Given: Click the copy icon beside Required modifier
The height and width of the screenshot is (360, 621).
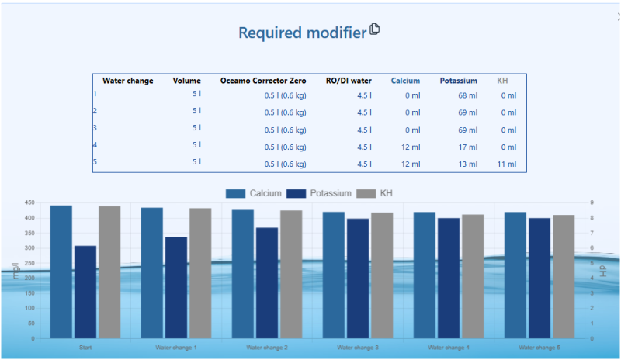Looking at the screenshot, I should tap(375, 29).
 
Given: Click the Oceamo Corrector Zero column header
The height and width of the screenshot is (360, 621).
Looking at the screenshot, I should tap(263, 81).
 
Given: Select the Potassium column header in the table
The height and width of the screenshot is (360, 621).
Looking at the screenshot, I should tap(458, 81).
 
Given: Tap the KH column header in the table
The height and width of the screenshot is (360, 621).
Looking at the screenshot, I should tap(503, 81).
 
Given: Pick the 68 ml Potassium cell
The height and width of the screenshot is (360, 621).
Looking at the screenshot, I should tap(468, 95).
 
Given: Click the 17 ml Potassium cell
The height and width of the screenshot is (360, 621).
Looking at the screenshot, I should tap(468, 147).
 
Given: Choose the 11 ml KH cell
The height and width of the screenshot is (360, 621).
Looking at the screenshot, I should tap(506, 164).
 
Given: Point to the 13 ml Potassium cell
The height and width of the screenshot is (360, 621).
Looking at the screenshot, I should tap(468, 164).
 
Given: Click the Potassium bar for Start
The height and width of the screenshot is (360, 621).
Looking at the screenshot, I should tap(85, 292).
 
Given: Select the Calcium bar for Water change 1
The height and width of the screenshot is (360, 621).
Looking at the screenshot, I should tap(152, 272).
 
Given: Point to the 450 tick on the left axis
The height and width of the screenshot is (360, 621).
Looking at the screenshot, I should tap(29, 203).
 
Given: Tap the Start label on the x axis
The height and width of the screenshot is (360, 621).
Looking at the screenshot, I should tap(85, 347).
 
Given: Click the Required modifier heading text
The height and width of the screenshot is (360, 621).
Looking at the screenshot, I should tap(301, 33).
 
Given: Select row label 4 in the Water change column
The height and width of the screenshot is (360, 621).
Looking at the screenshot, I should tap(95, 145).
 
